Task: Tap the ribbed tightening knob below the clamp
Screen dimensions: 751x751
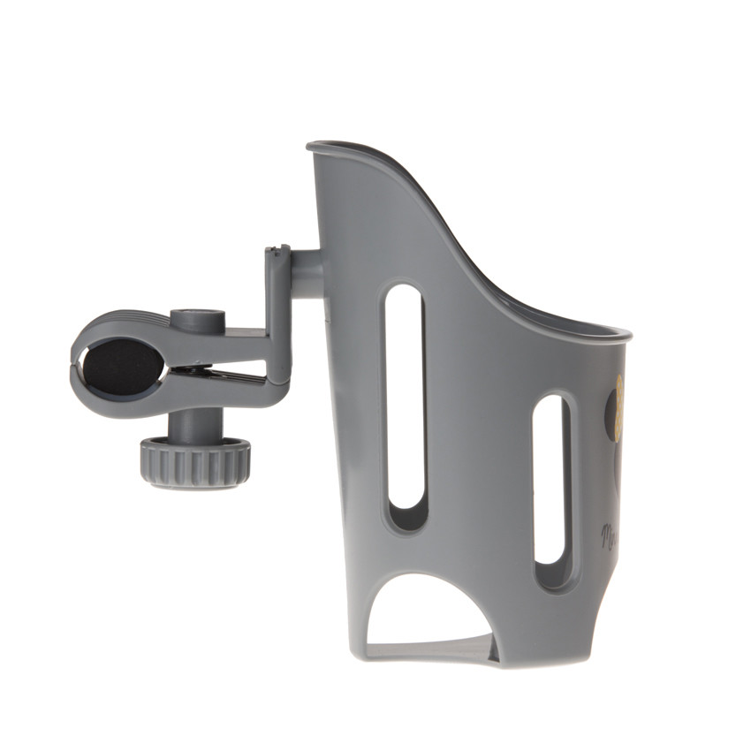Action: [x=194, y=461]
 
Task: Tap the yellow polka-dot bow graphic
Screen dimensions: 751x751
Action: [x=619, y=406]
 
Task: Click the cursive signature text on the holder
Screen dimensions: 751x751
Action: [x=610, y=534]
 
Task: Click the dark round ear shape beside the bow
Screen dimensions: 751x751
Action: [x=611, y=415]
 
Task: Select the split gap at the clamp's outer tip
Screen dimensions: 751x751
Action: [x=75, y=364]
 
